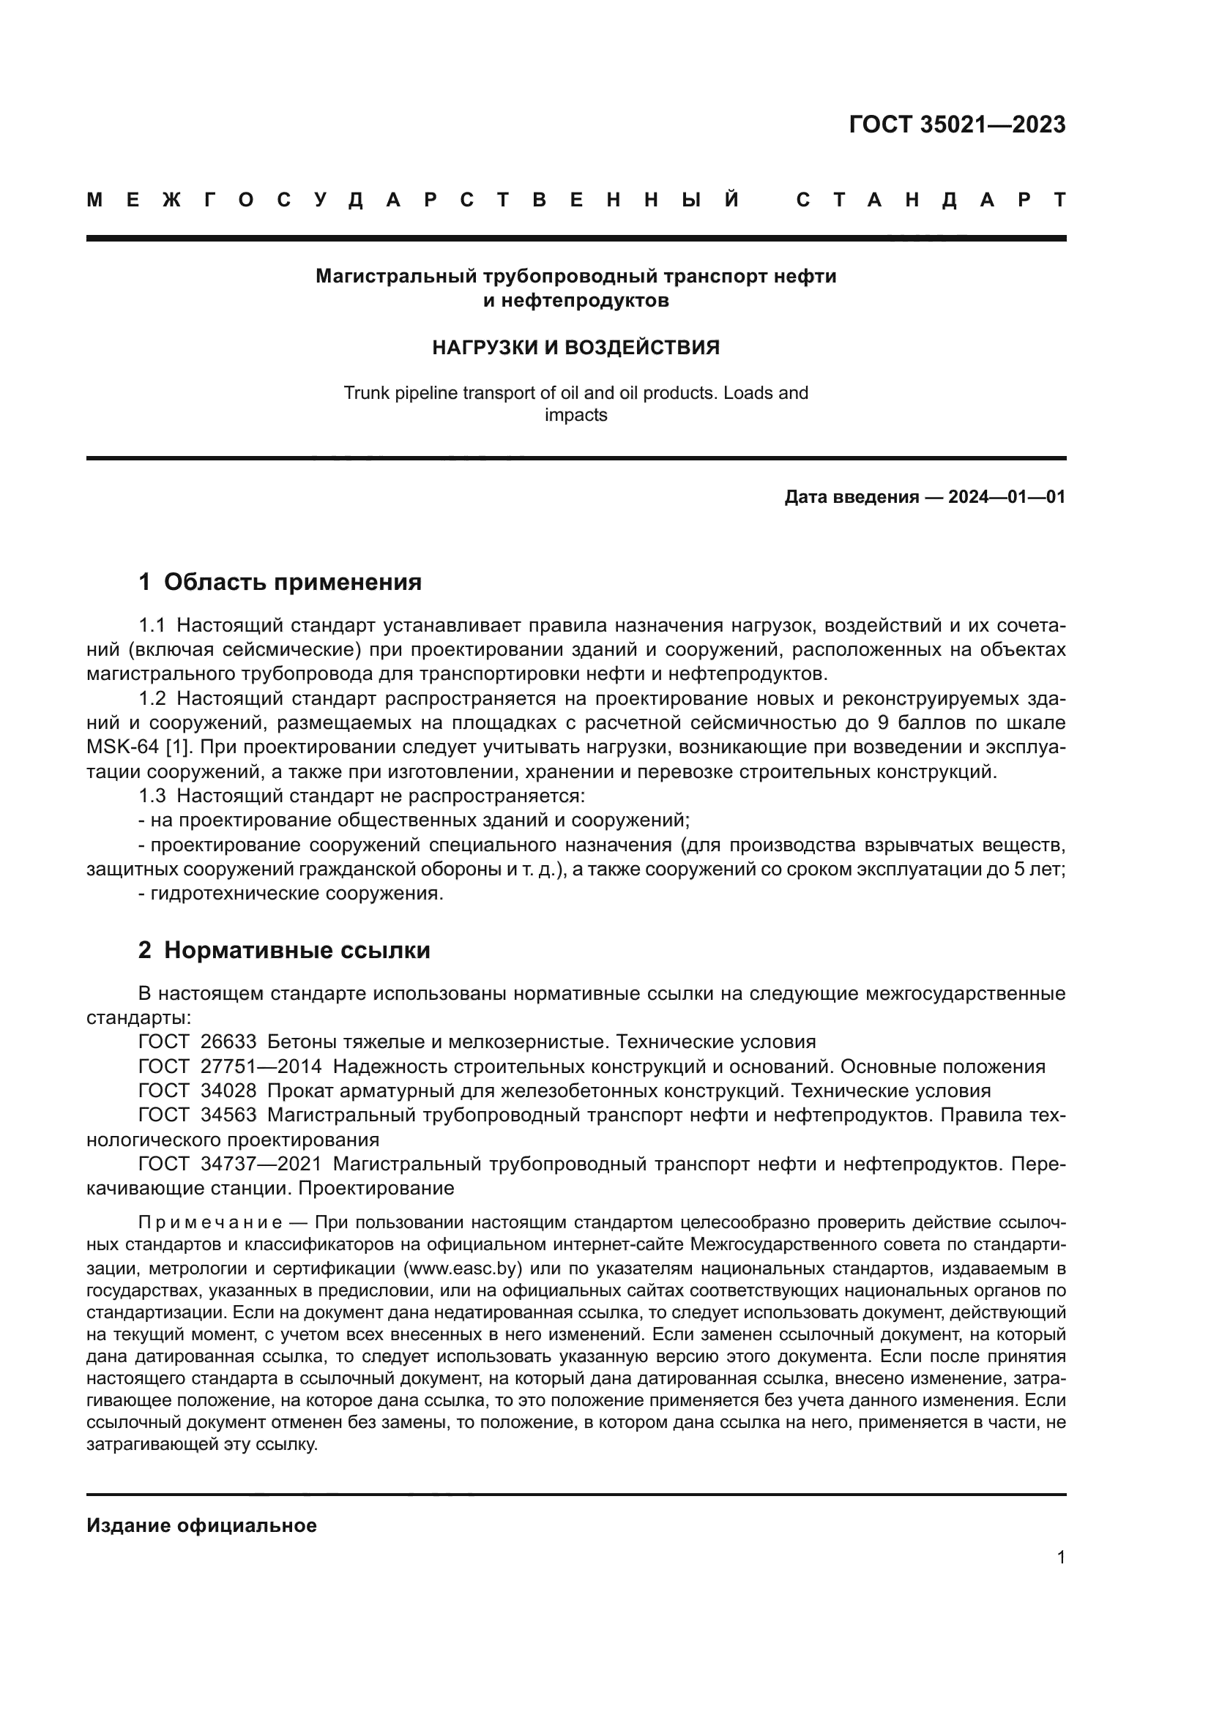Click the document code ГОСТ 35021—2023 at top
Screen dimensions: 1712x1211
point(957,124)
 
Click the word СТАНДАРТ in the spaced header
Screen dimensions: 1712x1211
point(931,201)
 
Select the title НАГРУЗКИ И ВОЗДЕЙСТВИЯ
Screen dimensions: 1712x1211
point(575,348)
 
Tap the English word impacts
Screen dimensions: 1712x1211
point(575,414)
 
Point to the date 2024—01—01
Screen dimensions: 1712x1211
point(1007,497)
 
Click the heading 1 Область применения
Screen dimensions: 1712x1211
point(280,583)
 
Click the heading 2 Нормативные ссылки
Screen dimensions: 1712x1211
point(284,950)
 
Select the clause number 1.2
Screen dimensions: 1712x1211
point(152,699)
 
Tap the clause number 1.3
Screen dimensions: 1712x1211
point(152,796)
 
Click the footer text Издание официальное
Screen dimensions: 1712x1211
point(201,1525)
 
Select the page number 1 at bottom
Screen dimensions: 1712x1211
point(1061,1558)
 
